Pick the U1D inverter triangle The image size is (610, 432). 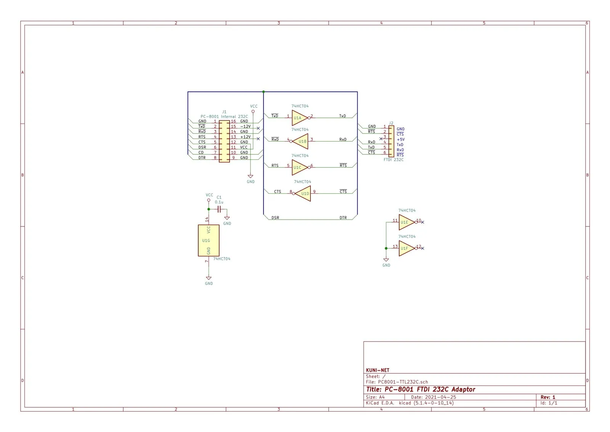point(302,194)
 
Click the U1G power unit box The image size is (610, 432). point(209,241)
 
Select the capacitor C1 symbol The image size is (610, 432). point(219,209)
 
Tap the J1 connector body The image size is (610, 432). point(225,141)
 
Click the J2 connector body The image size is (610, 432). point(391,141)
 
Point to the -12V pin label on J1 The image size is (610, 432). point(245,126)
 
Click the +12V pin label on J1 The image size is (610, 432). point(245,137)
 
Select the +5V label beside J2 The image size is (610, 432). point(401,140)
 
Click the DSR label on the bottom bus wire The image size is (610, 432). point(275,218)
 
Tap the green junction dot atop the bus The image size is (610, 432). point(263,92)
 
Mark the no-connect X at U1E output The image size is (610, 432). point(423,222)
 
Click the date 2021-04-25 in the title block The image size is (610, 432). point(440,397)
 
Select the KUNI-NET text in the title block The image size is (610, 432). point(377,370)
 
